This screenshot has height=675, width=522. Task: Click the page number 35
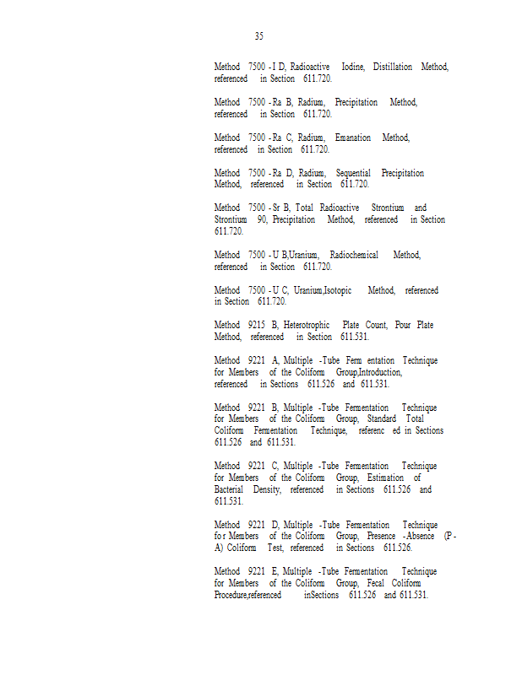[258, 36]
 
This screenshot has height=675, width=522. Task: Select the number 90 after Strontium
[262, 219]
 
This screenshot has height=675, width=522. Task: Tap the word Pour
[403, 325]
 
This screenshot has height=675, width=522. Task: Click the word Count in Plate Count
[376, 325]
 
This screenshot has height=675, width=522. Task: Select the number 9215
[255, 325]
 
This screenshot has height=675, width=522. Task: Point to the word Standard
[382, 418]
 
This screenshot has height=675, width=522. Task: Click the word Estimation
[388, 478]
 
